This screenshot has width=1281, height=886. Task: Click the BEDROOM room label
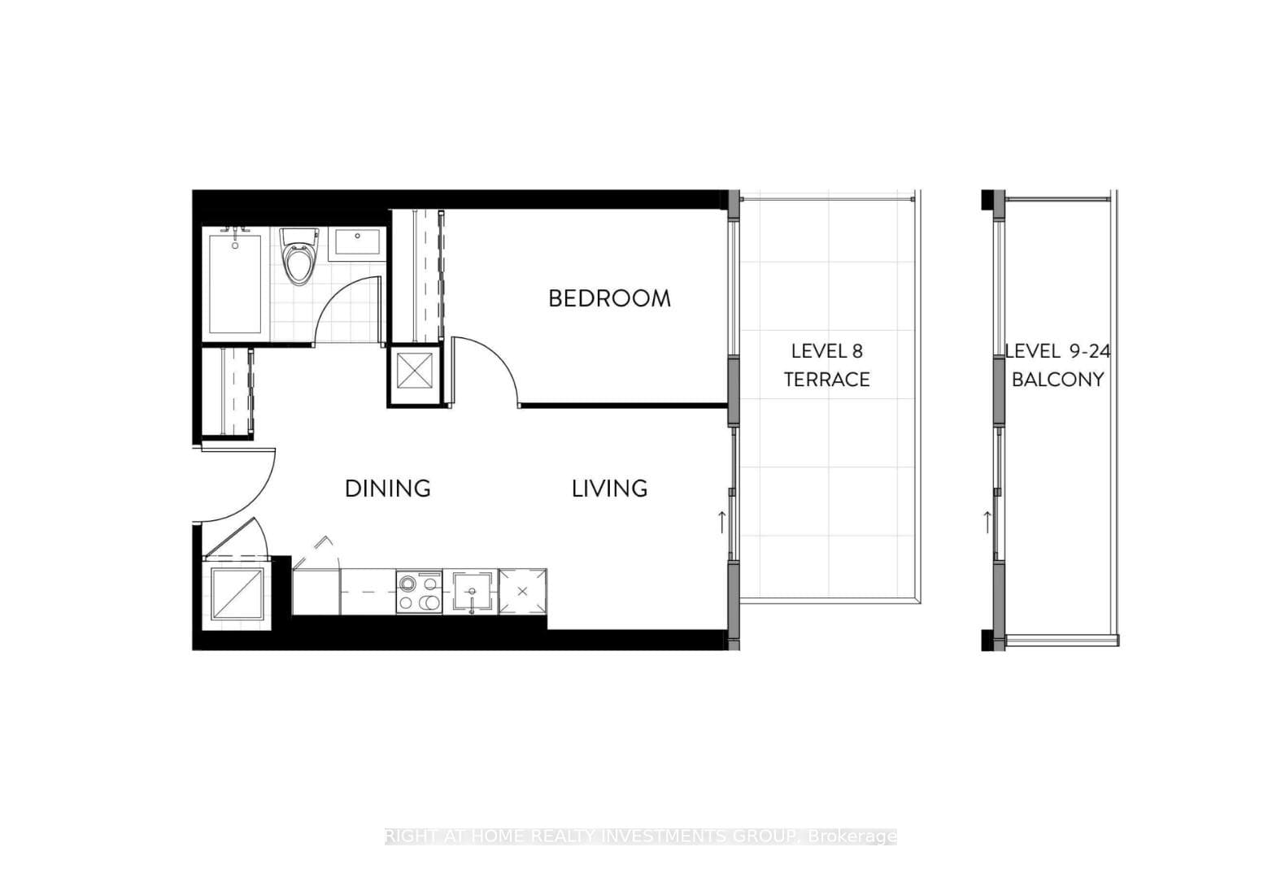609,298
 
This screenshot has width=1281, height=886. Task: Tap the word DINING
387,489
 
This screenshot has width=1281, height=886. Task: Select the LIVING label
609,489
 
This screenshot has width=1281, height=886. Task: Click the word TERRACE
826,380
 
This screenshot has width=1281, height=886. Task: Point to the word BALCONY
1057,380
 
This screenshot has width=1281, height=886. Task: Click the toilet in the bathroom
298,255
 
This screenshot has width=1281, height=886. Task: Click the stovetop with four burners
419,592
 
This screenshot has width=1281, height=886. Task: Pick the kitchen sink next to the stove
472,592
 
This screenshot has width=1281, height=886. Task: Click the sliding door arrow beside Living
721,521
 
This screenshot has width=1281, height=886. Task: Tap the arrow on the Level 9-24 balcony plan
987,521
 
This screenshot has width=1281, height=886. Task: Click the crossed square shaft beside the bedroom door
416,374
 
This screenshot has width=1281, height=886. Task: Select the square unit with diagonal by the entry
237,593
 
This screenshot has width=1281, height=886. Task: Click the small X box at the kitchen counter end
522,592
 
